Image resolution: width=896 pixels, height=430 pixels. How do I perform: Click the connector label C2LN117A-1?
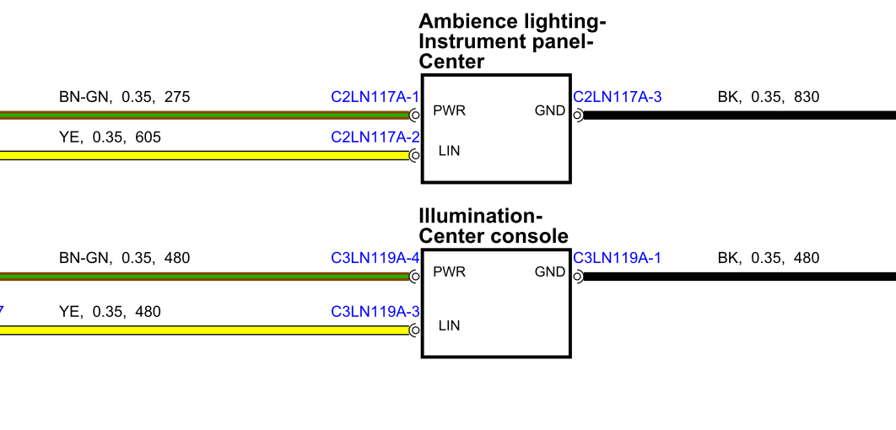(375, 97)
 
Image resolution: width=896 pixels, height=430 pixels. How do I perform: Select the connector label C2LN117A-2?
(375, 137)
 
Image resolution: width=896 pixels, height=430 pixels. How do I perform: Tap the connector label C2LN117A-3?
(617, 97)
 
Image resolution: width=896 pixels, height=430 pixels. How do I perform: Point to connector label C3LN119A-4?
(375, 258)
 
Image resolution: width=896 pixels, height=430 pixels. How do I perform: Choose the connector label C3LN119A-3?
(375, 312)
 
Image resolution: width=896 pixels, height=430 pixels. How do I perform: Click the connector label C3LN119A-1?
(617, 258)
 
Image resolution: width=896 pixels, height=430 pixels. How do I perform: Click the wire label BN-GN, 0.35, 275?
(124, 97)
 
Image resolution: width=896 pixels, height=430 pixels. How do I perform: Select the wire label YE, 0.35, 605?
(110, 137)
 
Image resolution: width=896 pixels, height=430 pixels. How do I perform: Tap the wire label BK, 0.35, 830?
(768, 97)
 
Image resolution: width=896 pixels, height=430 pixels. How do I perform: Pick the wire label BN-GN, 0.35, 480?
(124, 258)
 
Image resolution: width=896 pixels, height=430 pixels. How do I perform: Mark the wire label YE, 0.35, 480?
(110, 312)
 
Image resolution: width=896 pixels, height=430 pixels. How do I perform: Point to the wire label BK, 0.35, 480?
(768, 258)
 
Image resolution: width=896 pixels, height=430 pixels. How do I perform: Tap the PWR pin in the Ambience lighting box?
(449, 110)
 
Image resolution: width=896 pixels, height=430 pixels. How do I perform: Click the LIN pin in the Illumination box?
(449, 325)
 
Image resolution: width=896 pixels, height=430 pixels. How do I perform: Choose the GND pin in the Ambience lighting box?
(550, 110)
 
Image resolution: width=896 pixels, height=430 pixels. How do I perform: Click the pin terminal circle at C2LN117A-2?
(414, 155)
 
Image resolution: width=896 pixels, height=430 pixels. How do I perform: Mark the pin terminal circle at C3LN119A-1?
(578, 277)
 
